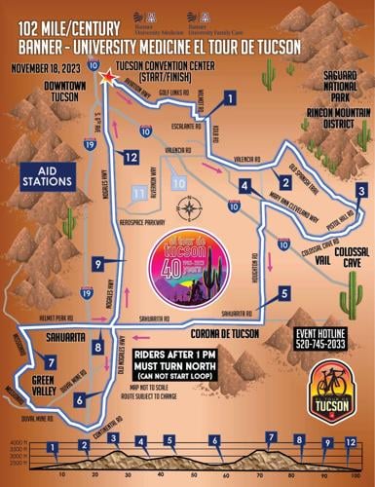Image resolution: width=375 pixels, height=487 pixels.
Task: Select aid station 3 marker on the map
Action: point(360,191)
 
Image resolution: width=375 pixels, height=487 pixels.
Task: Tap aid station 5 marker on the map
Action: point(282,293)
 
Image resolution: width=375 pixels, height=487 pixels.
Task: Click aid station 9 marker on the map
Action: point(98,263)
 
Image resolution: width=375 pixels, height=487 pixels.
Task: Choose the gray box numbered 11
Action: point(139,195)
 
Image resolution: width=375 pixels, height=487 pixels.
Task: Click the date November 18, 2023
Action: point(46,69)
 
